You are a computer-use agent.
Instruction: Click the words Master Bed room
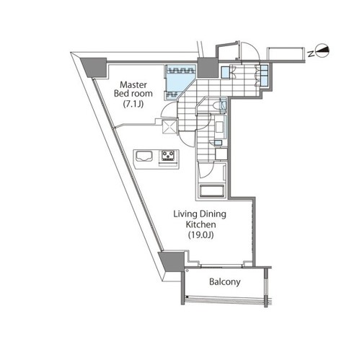click(133, 89)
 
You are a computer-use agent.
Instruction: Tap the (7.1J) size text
click(133, 104)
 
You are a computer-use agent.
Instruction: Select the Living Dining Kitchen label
click(200, 219)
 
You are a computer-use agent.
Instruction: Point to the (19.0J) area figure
click(201, 234)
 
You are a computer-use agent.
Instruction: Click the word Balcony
click(225, 281)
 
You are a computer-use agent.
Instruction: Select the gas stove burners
click(168, 155)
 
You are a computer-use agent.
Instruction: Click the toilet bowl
click(217, 105)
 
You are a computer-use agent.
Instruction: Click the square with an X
click(170, 126)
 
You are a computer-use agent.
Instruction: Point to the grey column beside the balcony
click(172, 261)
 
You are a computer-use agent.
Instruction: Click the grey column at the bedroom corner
click(94, 67)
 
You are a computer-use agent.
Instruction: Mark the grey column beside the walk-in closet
click(208, 68)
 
